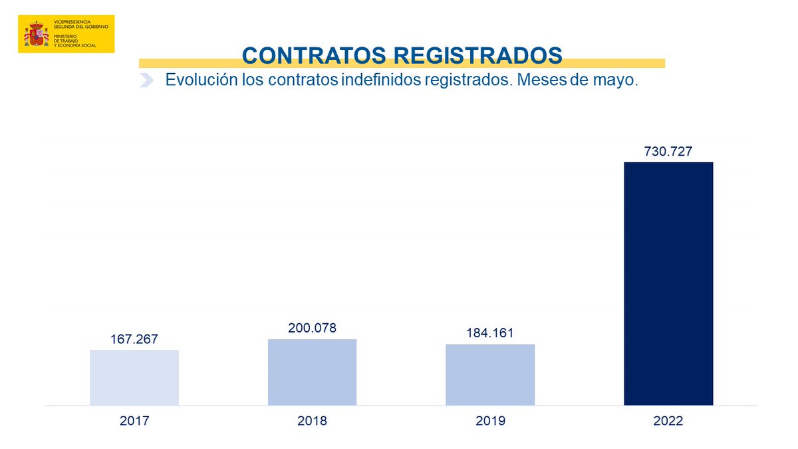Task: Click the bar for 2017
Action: pyautogui.click(x=134, y=377)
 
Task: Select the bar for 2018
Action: pyautogui.click(x=312, y=372)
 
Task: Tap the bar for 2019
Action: pyautogui.click(x=490, y=374)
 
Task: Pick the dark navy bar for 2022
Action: pyautogui.click(x=668, y=283)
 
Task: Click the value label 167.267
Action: pyautogui.click(x=134, y=339)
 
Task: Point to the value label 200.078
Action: pyautogui.click(x=312, y=328)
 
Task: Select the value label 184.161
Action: pyautogui.click(x=490, y=333)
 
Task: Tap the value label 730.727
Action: pyautogui.click(x=668, y=152)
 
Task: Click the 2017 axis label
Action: pyautogui.click(x=134, y=421)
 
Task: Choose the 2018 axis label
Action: pyautogui.click(x=312, y=421)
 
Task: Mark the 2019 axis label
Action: pyautogui.click(x=490, y=421)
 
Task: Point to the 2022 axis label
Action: pyautogui.click(x=668, y=421)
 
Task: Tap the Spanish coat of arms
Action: pyautogui.click(x=37, y=34)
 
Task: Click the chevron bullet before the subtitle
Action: pyautogui.click(x=147, y=81)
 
